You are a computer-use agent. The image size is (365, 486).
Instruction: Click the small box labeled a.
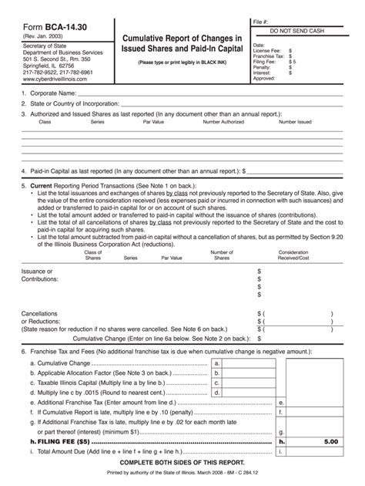[x=218, y=362]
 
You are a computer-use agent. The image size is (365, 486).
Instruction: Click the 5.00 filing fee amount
[x=330, y=442]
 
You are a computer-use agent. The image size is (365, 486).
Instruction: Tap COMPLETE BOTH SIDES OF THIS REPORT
[x=182, y=464]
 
